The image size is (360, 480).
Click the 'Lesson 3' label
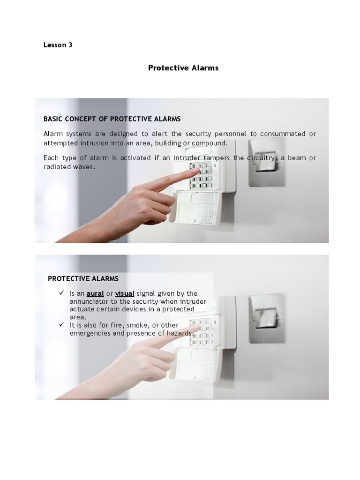tap(58, 45)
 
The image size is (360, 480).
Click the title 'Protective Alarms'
tap(183, 67)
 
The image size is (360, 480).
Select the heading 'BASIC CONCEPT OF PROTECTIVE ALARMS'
tap(112, 119)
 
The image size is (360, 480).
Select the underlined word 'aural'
tap(95, 293)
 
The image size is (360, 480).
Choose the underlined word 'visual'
tap(125, 293)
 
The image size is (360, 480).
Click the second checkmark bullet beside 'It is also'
tap(61, 325)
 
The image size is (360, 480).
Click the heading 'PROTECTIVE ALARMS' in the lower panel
tap(83, 278)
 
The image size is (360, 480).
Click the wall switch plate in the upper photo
tap(266, 162)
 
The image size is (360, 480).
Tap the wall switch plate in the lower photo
tap(267, 317)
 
